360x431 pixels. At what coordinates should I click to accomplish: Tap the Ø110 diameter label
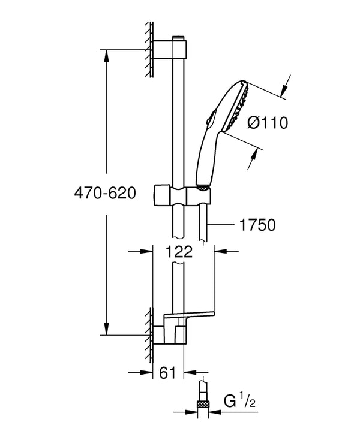[268, 123]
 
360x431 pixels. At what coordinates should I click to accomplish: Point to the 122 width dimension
[180, 252]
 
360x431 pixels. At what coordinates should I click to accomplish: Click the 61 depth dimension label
[168, 373]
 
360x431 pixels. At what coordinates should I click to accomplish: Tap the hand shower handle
[206, 156]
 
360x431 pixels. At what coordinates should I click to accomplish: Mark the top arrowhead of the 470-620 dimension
[107, 54]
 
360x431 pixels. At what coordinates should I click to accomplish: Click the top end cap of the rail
[178, 39]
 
